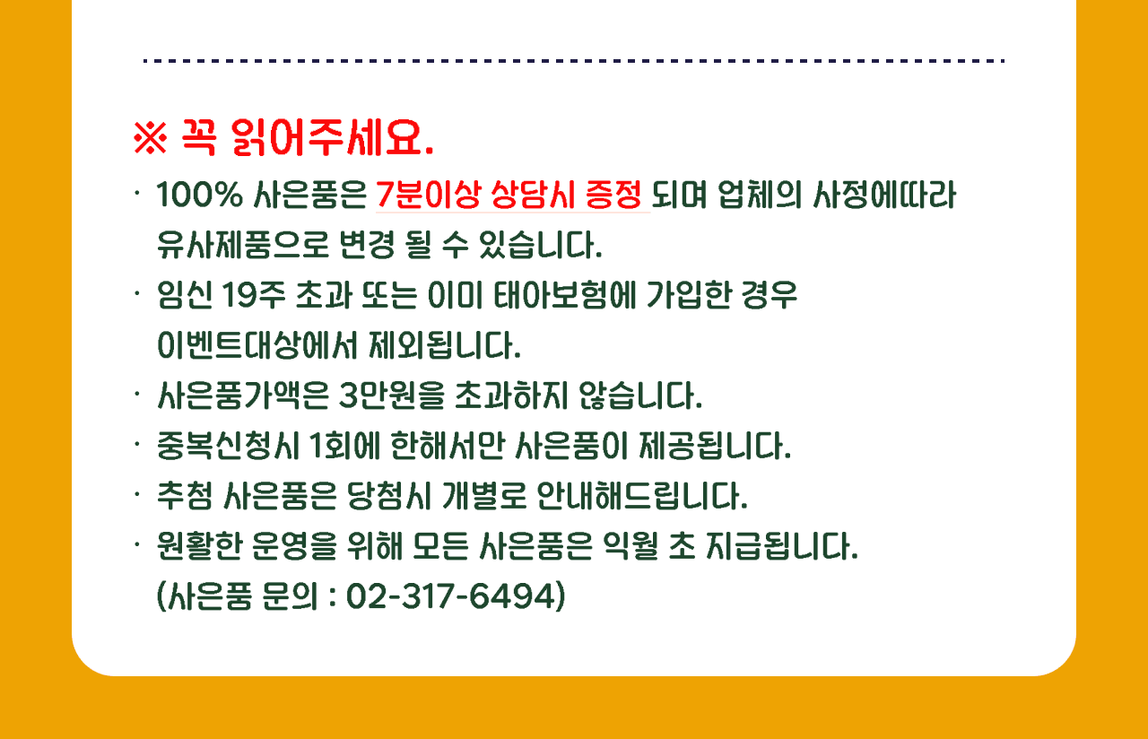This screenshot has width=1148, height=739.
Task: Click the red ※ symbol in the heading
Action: (x=150, y=137)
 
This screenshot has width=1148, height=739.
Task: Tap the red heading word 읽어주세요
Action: (x=332, y=137)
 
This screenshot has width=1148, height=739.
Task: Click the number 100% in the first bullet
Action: (x=199, y=196)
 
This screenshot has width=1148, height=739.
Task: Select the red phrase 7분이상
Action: (x=429, y=196)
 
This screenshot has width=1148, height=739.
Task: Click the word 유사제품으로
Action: (x=242, y=245)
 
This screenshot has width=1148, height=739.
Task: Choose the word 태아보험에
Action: (x=564, y=296)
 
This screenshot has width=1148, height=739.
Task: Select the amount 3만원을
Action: (x=392, y=396)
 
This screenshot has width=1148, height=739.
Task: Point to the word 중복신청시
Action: (x=228, y=446)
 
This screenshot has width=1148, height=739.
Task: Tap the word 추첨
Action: (x=185, y=496)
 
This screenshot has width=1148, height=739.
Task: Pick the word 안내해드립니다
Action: (x=642, y=496)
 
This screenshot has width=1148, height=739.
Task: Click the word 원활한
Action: (x=199, y=546)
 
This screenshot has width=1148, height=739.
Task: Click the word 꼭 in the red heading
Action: (x=199, y=137)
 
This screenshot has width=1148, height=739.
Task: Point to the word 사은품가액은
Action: (x=242, y=396)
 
